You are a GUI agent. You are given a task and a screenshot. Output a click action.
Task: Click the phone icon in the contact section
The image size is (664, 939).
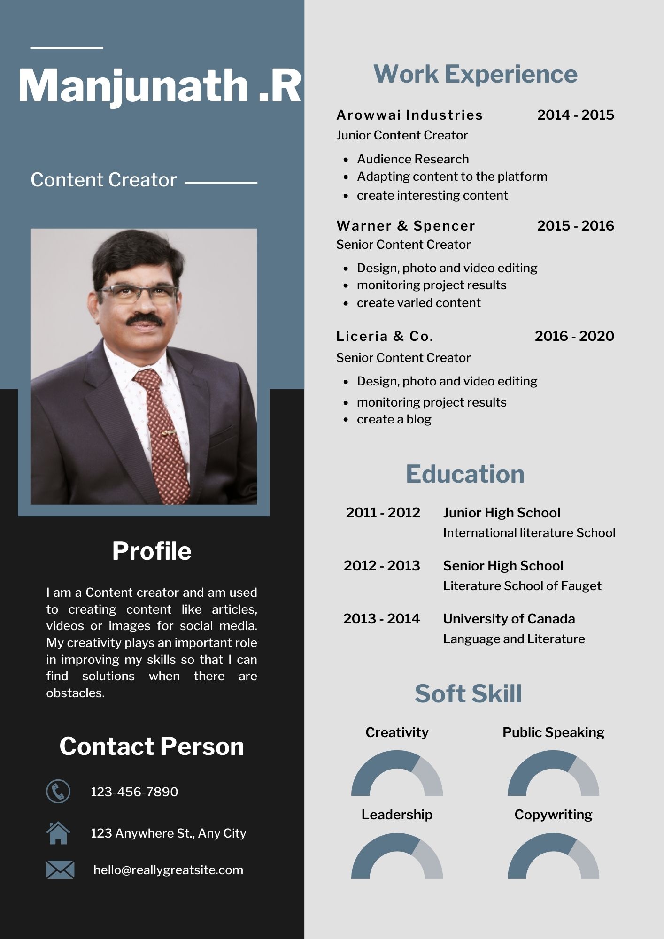58,791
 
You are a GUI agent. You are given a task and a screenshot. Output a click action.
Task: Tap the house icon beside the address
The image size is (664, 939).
58,832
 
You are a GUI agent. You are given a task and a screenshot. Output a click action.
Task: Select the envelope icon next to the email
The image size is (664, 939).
60,870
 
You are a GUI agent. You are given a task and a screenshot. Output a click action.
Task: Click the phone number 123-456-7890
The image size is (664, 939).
134,792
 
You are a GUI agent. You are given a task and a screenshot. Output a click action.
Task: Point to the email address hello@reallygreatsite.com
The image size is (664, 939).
168,870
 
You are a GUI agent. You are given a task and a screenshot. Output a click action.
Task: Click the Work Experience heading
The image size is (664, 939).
475,74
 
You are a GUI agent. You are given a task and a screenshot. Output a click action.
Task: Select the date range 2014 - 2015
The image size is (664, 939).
575,115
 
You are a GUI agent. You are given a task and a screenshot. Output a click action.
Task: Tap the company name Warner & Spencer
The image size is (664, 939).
406,226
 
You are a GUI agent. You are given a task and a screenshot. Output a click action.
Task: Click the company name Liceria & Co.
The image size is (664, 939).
385,336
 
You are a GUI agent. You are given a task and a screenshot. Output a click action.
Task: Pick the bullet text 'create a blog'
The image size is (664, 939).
394,419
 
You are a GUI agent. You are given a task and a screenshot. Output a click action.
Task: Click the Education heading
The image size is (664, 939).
465,474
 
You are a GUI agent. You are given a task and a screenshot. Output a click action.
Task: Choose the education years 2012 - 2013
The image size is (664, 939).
382,565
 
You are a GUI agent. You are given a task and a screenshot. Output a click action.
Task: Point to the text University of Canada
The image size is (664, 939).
509,619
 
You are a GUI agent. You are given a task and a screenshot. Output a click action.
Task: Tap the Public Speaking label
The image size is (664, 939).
553,732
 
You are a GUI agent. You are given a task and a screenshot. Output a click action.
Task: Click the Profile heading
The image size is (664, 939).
152,551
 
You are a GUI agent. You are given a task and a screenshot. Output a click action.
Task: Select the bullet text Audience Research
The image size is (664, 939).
412,159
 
